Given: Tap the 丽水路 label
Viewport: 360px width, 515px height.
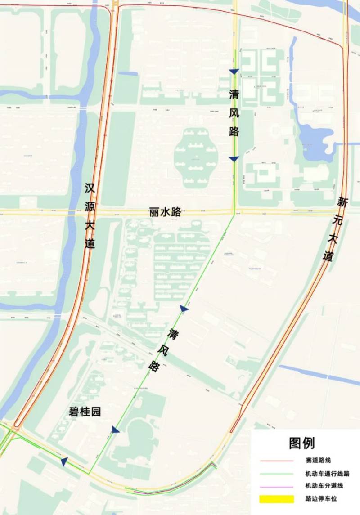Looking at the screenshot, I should point(165,212).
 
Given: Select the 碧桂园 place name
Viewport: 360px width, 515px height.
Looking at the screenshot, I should point(85,412).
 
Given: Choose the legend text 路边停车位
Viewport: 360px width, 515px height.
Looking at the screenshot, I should point(321,498).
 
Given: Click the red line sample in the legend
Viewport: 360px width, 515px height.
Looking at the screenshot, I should point(276,461).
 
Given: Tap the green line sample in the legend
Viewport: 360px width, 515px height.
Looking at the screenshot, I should point(276,474).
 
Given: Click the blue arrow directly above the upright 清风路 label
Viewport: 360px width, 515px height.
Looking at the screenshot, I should point(234,72).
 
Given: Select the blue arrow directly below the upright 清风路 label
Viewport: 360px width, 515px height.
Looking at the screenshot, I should point(234,159).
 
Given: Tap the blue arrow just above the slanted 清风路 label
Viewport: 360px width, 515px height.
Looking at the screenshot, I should point(184,309).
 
